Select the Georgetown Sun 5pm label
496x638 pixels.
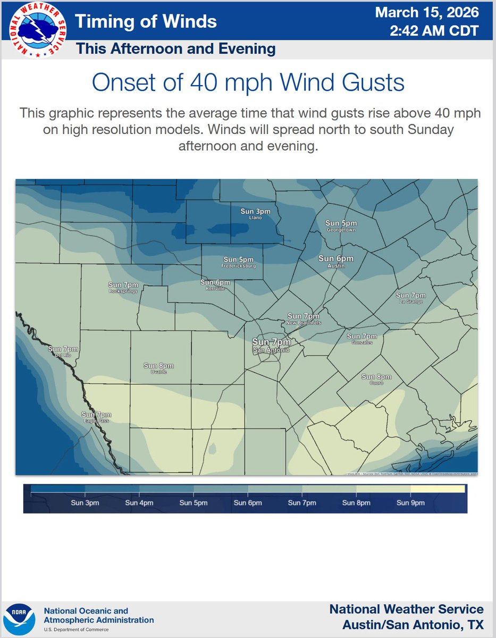click(x=341, y=225)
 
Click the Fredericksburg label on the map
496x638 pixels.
click(x=239, y=262)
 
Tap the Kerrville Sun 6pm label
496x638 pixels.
click(x=215, y=284)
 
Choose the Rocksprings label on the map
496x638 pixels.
click(x=123, y=288)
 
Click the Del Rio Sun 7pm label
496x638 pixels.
click(x=63, y=351)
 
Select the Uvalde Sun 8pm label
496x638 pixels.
click(x=158, y=368)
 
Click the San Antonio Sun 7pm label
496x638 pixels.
click(x=271, y=345)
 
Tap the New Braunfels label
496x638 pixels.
click(x=303, y=319)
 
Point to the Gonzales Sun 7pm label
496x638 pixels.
click(x=361, y=339)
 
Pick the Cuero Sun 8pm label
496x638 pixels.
click(x=376, y=379)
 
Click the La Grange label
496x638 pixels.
click(x=410, y=298)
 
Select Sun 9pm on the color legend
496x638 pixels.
click(x=410, y=502)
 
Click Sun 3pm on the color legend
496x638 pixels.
click(x=85, y=502)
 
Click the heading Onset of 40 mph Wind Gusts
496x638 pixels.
click(x=248, y=83)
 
